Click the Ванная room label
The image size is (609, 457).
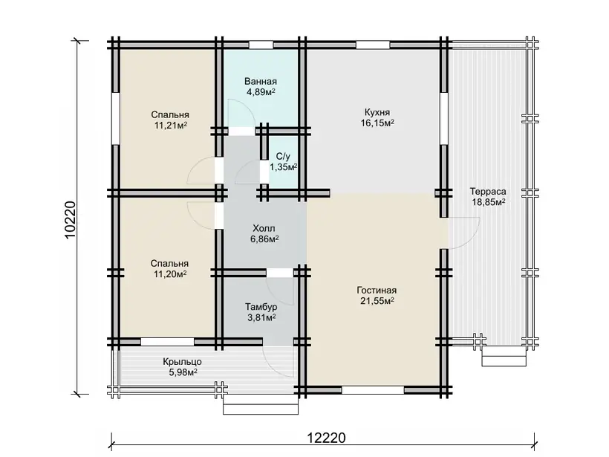coord(261,82)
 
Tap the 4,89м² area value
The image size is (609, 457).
coord(261,92)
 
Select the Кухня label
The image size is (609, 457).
coord(377,113)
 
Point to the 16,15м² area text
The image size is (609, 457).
coord(377,123)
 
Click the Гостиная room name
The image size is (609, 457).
coord(377,291)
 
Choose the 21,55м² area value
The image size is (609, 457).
coord(377,301)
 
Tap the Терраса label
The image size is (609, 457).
coord(488,192)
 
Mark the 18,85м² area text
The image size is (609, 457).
coord(488,202)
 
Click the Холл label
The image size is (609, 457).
coord(264,228)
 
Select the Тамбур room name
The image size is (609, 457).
coord(261,307)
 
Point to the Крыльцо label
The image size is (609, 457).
coord(183,362)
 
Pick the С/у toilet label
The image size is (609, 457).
coord(283,157)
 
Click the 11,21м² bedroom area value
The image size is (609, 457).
coord(170,126)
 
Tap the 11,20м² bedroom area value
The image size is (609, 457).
coord(170,274)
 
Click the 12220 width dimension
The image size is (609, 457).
coord(326,438)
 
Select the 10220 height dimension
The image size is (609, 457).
coord(70,220)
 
